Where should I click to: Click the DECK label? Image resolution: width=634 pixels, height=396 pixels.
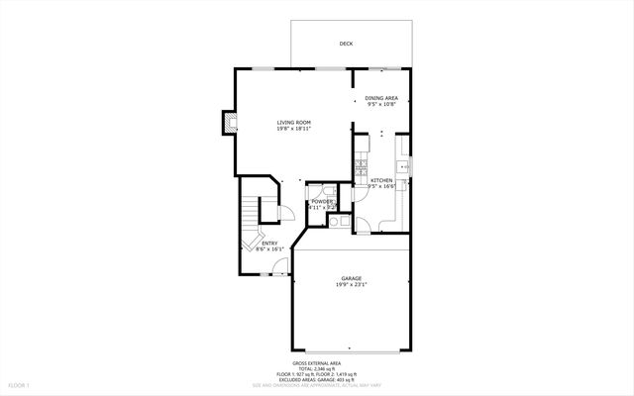[x=346, y=44]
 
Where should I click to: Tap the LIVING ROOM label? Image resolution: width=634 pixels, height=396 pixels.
[x=293, y=122]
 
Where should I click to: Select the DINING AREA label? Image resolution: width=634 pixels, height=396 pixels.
[x=381, y=98]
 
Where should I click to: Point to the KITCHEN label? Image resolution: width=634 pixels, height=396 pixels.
[x=381, y=180]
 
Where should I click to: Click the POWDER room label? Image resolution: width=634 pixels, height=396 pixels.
[x=322, y=202]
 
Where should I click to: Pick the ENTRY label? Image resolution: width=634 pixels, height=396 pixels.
[x=269, y=243]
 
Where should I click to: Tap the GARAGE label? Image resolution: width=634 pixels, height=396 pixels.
[x=352, y=278]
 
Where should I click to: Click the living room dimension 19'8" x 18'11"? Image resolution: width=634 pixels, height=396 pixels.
[x=293, y=129]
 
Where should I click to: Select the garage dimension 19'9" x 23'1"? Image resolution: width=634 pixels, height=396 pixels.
[x=352, y=285]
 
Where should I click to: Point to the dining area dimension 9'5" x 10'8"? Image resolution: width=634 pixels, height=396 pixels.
[x=381, y=105]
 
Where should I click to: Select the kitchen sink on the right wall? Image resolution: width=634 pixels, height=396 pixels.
[x=403, y=169]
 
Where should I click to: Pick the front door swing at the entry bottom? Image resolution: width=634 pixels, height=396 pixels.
[x=280, y=265]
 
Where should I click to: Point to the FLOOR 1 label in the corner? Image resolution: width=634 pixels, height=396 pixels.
[x=19, y=384]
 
